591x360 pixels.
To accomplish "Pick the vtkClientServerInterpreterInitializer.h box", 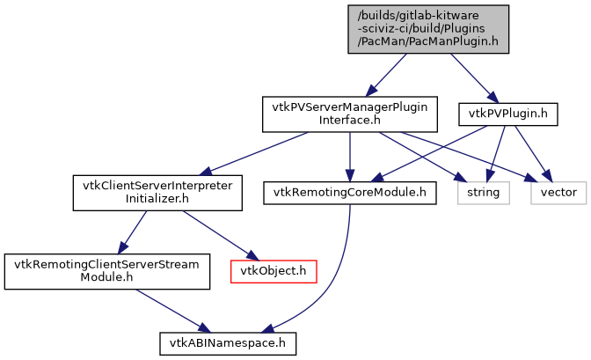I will click(157, 193).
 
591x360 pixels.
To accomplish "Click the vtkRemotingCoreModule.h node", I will click(350, 192).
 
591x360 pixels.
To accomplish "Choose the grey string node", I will click(483, 192).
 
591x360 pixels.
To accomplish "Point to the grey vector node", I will click(558, 192).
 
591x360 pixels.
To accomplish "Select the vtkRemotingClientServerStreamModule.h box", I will click(107, 270).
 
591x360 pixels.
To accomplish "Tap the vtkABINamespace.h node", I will click(227, 340).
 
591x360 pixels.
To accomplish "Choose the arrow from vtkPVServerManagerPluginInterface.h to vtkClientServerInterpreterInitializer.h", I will click(255, 153).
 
